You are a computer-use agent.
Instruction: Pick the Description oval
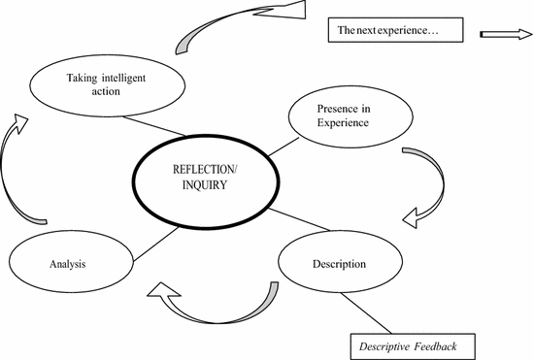point(339,264)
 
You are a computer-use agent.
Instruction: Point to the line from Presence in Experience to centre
point(278,147)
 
